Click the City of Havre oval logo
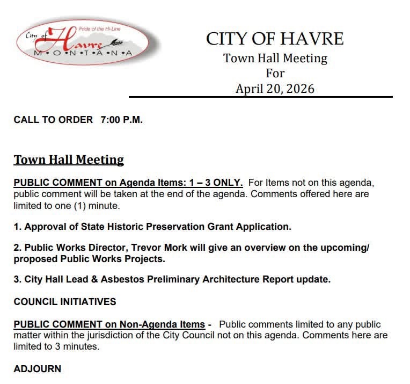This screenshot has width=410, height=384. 84,44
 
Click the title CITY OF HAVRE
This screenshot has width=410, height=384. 275,39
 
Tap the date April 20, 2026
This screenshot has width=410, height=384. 275,89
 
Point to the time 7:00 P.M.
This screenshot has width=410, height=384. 121,120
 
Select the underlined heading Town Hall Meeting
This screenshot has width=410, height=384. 69,160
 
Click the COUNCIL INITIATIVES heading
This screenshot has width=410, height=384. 65,302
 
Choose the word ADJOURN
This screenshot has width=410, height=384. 38,369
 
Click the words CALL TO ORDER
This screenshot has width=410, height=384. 53,120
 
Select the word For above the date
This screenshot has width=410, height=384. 275,73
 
